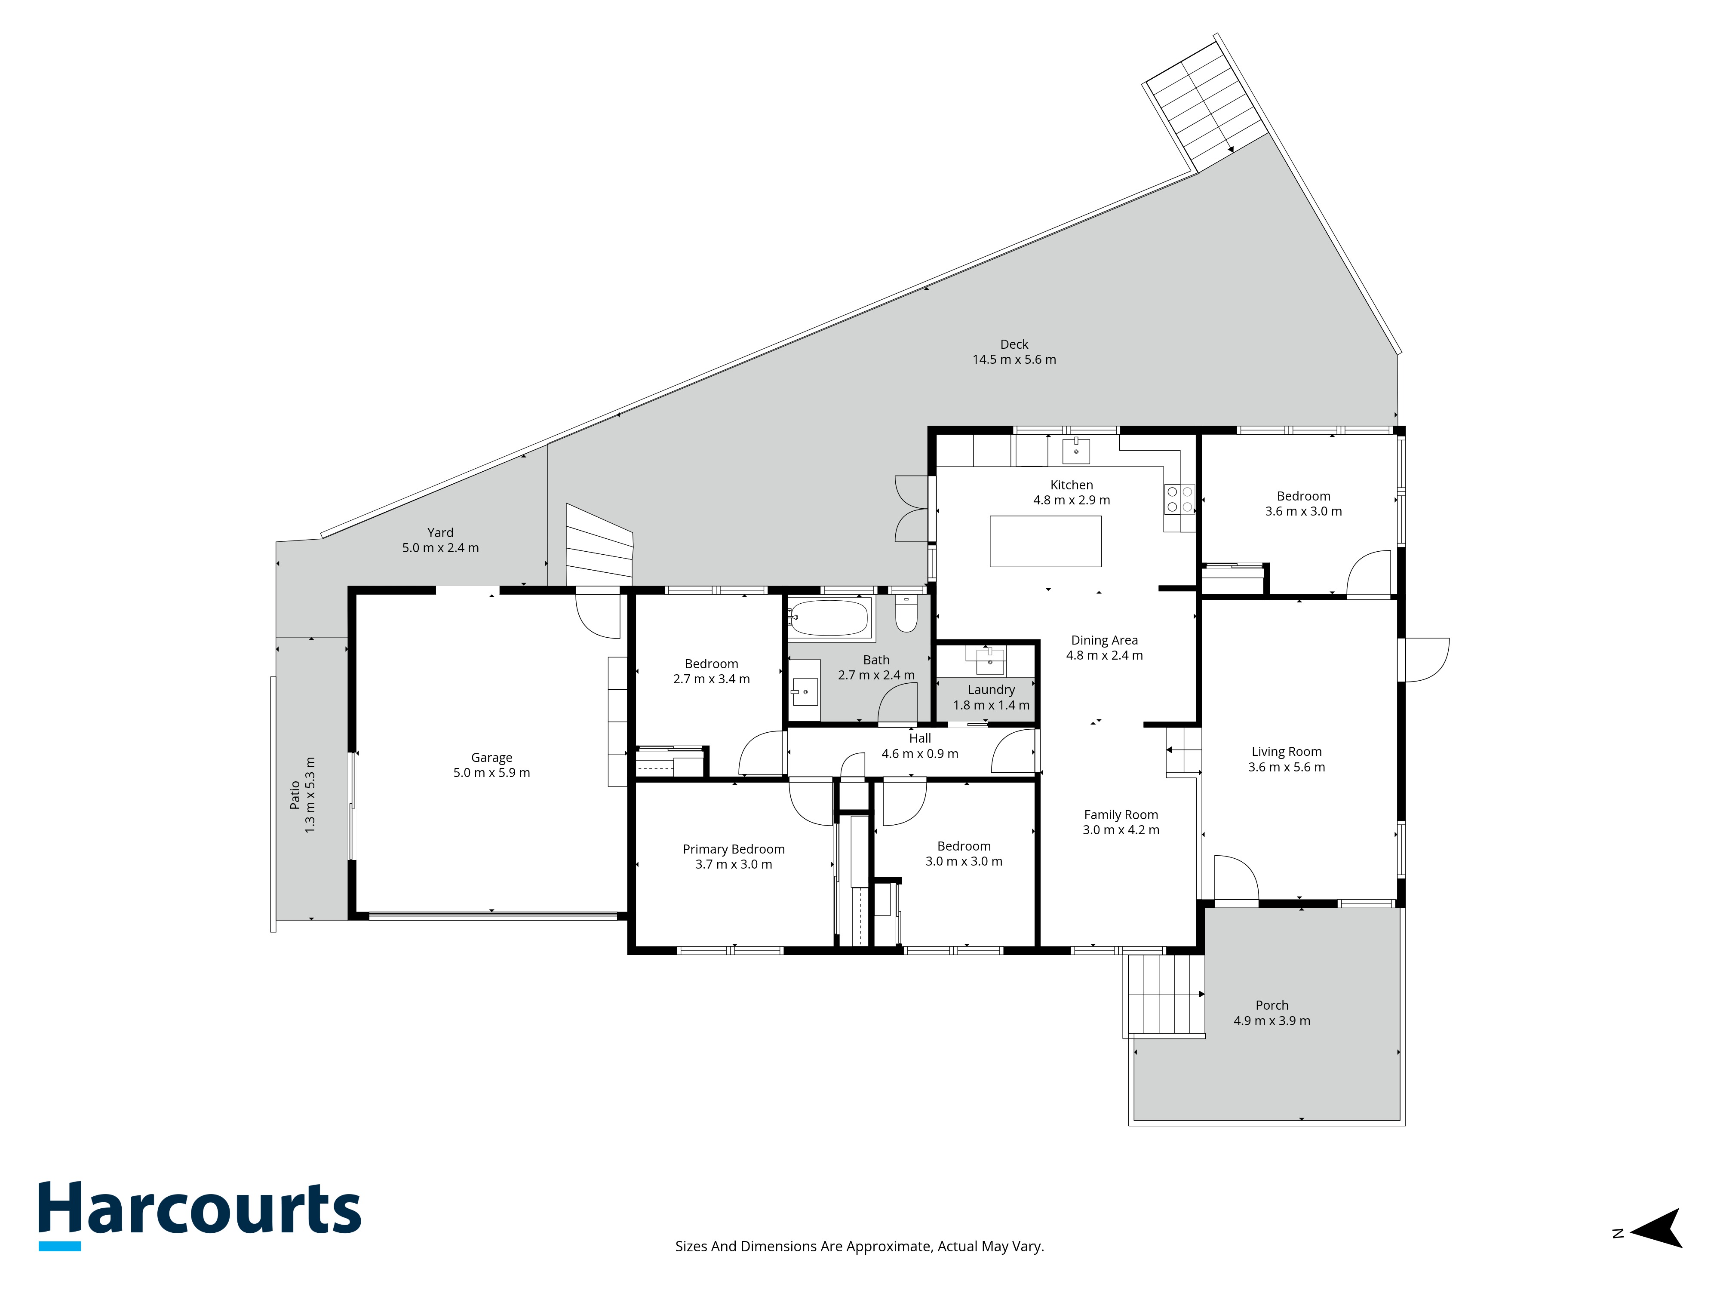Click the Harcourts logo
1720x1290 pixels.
200,1215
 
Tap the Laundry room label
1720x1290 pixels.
992,690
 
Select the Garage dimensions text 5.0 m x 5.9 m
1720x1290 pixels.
491,773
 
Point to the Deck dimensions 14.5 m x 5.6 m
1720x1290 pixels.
1014,359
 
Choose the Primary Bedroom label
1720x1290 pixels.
733,849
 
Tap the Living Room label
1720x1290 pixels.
1286,751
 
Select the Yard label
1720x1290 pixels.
440,533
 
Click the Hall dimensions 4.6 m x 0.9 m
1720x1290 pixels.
920,753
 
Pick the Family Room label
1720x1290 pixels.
1121,815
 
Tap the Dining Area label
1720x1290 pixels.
1104,640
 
